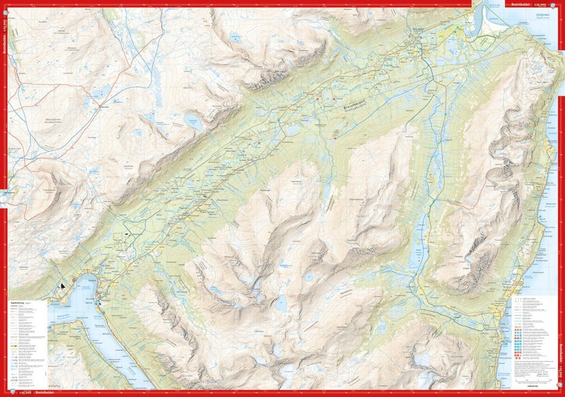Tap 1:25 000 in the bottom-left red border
23,393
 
